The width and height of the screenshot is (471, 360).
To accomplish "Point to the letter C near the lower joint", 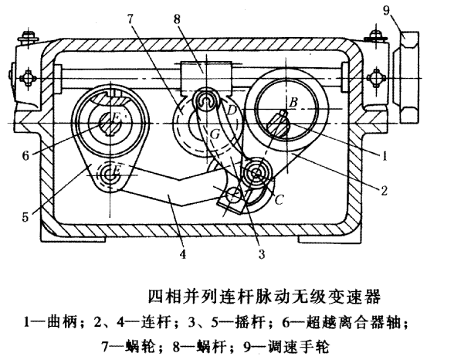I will point(280,199).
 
